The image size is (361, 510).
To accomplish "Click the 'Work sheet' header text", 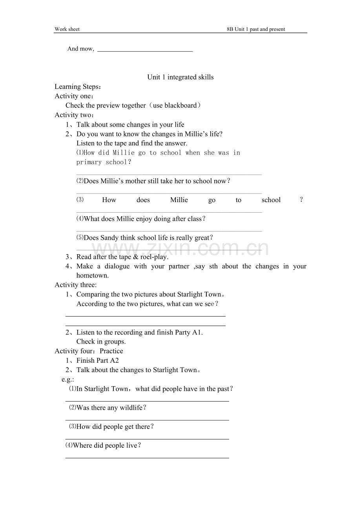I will point(67,29).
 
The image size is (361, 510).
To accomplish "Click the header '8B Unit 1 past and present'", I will point(256,29).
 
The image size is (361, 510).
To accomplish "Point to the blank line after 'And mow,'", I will point(145,51).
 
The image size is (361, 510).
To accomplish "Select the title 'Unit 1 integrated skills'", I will point(180,77).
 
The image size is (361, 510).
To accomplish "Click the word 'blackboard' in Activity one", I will point(180,105).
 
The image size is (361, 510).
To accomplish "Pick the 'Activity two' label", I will point(73,115).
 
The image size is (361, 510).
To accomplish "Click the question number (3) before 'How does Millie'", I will point(80,200).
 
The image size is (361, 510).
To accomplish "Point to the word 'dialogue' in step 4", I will point(117,266).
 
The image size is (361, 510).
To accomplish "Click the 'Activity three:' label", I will point(75,285).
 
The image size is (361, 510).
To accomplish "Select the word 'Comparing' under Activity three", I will point(93,295).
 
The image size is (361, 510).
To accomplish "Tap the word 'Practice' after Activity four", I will point(111,351).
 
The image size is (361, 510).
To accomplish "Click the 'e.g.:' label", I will point(68,379).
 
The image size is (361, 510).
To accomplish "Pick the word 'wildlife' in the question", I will point(131,408).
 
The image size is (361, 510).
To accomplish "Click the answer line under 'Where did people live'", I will point(147,458).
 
